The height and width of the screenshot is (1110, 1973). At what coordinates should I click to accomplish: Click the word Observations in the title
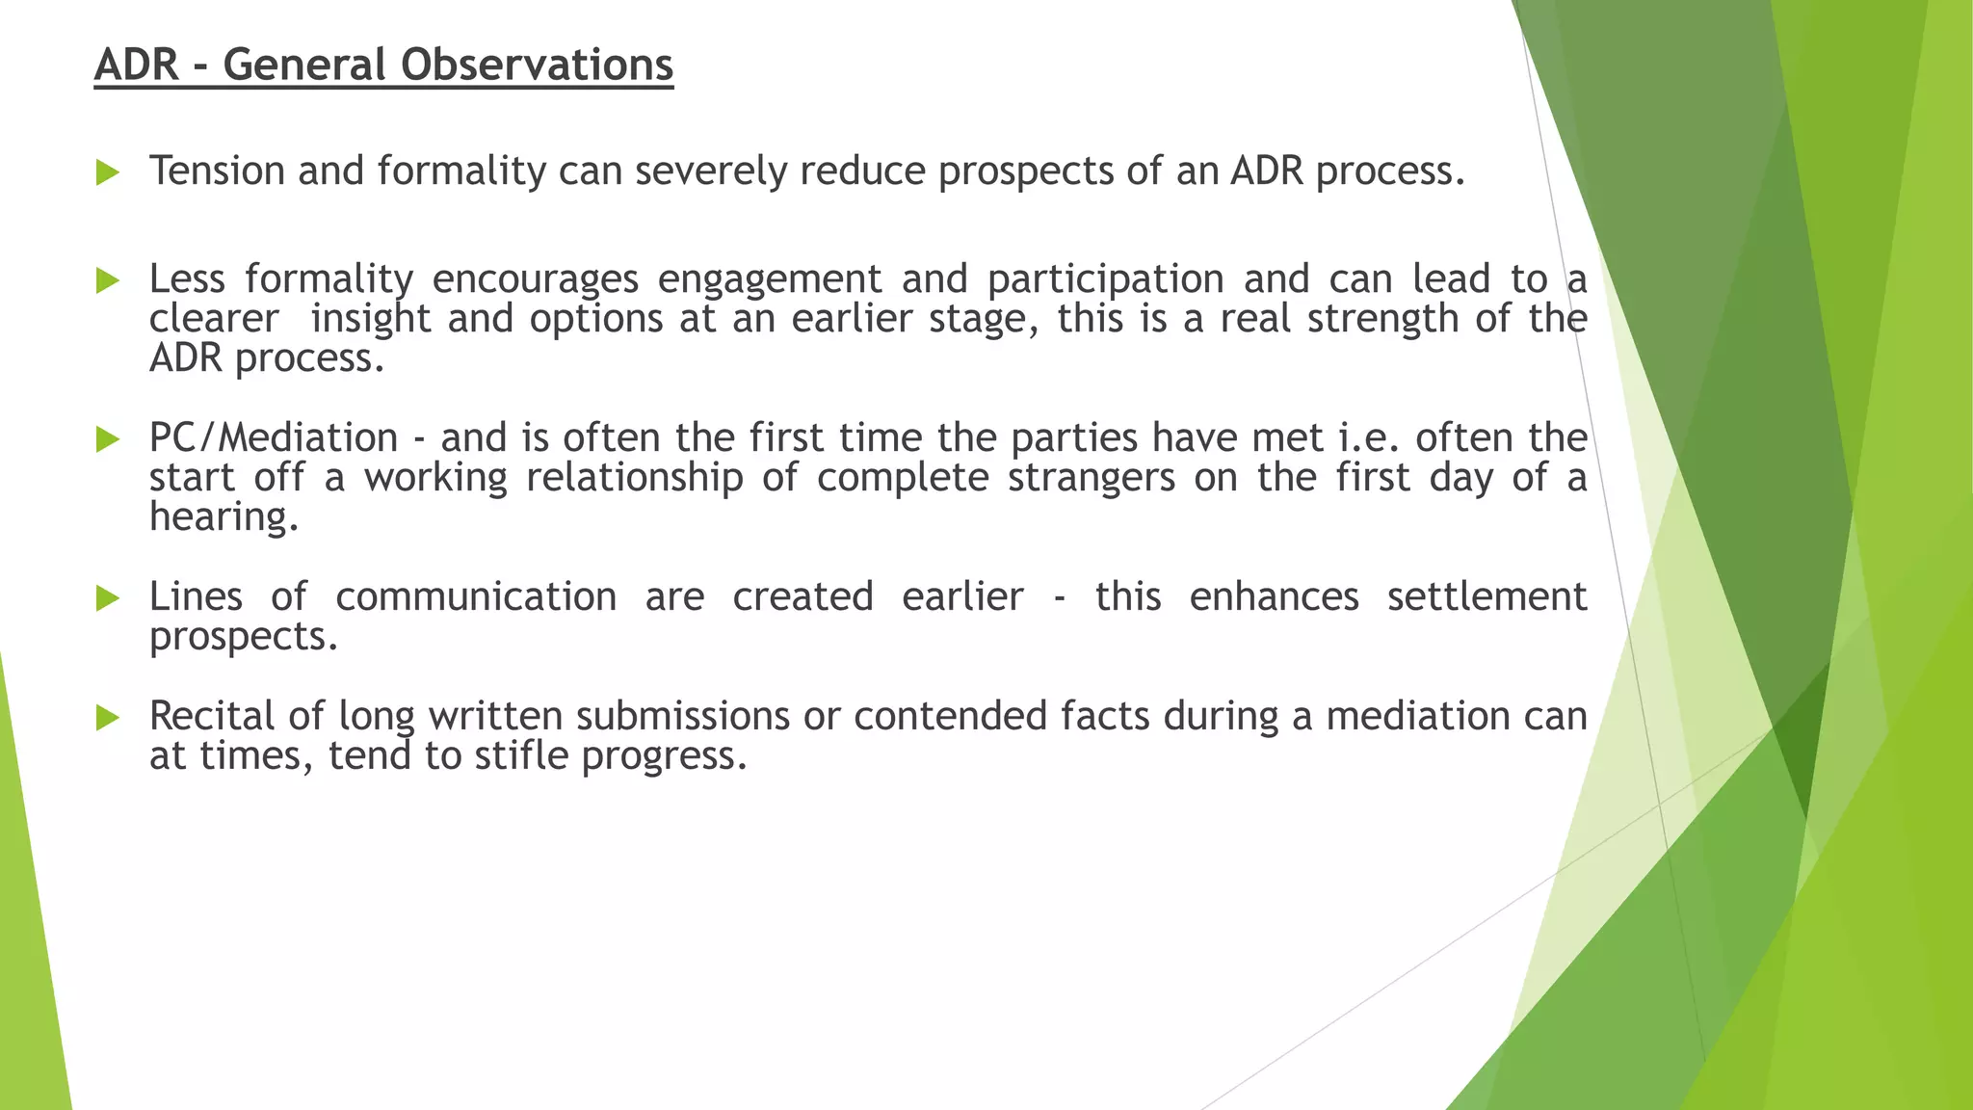pyautogui.click(x=537, y=66)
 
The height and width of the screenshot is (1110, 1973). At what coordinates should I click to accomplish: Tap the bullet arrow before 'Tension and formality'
pyautogui.click(x=107, y=173)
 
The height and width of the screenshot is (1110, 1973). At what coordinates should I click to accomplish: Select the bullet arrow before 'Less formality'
pyautogui.click(x=107, y=281)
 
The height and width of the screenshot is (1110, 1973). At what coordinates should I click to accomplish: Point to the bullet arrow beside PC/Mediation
pyautogui.click(x=107, y=440)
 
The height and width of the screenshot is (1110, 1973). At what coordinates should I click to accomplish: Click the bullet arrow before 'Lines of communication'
pyautogui.click(x=107, y=599)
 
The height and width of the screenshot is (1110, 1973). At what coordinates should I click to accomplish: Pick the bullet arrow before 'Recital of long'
pyautogui.click(x=107, y=718)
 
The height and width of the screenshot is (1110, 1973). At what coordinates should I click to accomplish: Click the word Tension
pyautogui.click(x=217, y=172)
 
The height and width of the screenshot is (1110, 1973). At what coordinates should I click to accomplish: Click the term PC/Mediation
pyautogui.click(x=273, y=438)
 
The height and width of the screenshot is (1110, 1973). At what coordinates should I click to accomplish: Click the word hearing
pyautogui.click(x=224, y=517)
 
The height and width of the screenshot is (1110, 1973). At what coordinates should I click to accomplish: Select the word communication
pyautogui.click(x=476, y=597)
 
